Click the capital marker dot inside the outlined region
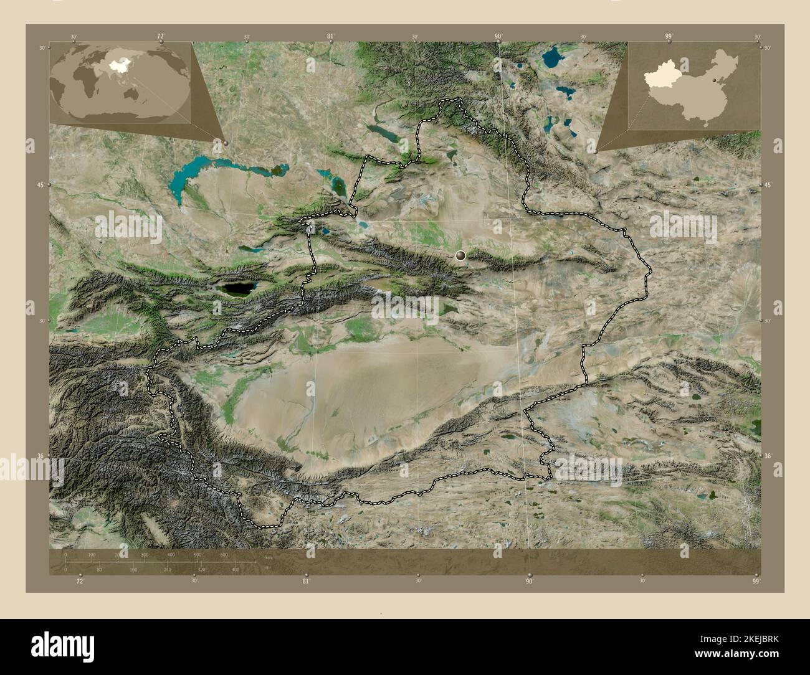[x=460, y=255]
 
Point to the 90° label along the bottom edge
[x=529, y=582]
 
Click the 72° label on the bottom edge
[x=79, y=582]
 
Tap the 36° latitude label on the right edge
[x=768, y=456]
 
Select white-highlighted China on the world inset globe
[x=117, y=64]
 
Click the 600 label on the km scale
[x=224, y=554]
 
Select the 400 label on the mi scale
[x=236, y=569]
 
